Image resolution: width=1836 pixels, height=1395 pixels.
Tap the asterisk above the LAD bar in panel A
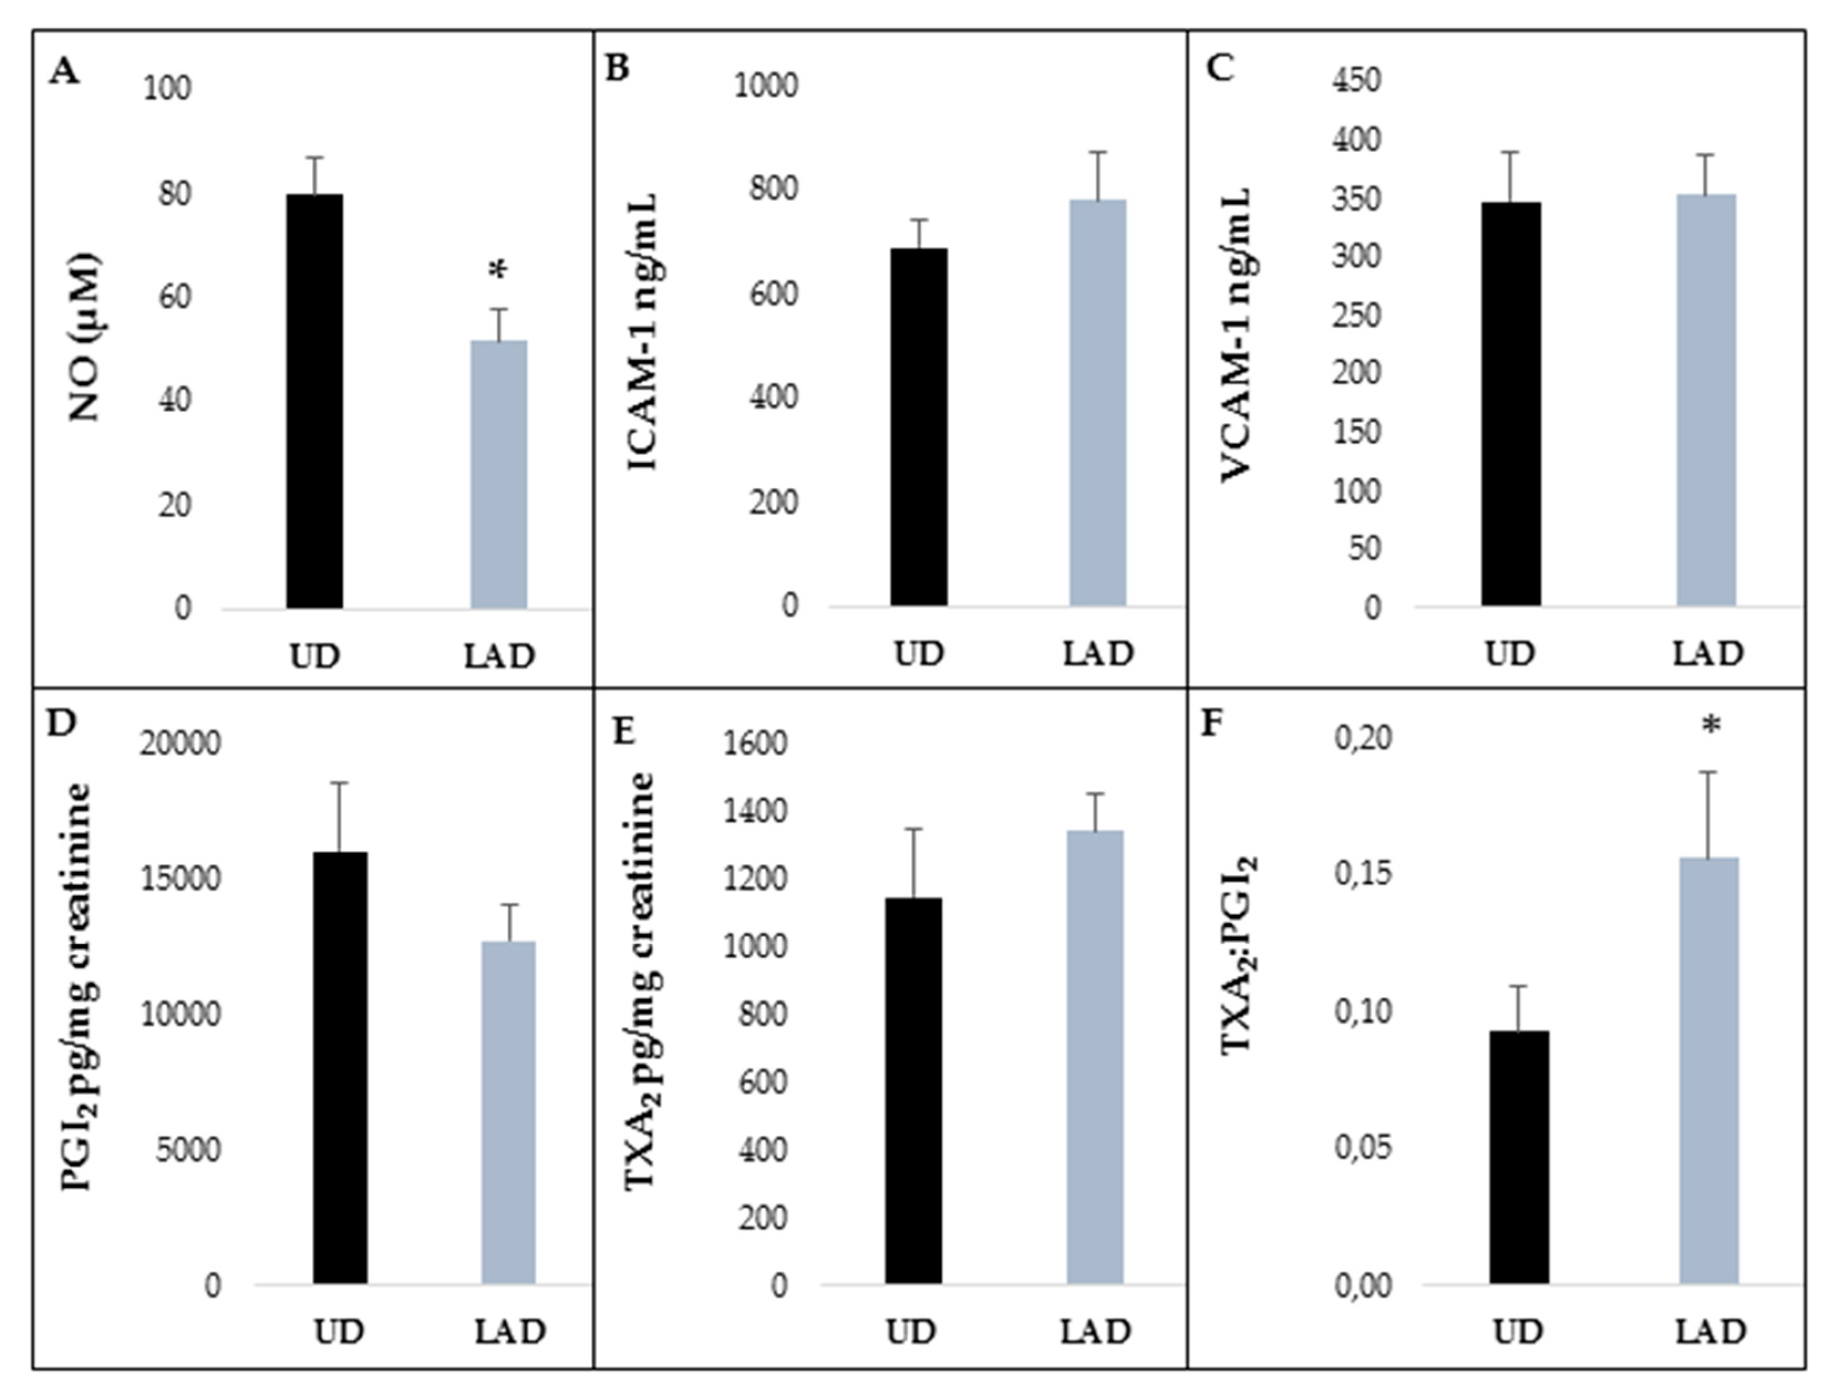click(x=498, y=271)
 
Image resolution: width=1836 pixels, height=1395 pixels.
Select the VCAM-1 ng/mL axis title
click(x=1237, y=332)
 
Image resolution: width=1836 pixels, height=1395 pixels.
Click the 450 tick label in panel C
click(x=1356, y=81)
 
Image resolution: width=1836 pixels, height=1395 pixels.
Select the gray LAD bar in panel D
click(x=508, y=1113)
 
